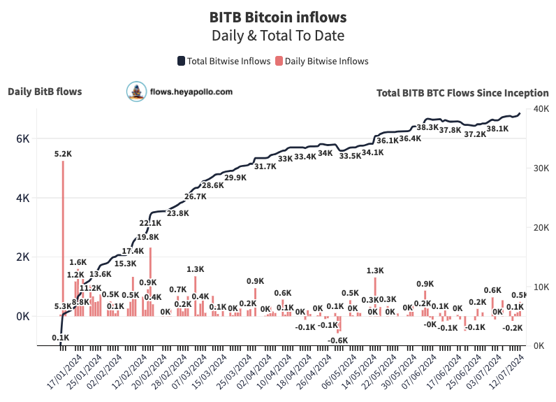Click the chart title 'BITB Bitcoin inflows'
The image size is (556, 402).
pos(278,15)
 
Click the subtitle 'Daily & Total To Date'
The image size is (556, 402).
pos(278,34)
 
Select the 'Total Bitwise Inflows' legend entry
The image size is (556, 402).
pos(224,61)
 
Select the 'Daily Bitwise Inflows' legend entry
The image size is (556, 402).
pos(322,61)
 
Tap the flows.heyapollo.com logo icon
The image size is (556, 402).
pos(136,91)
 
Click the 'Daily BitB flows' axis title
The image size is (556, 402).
pos(45,91)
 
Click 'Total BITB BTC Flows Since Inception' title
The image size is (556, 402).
pos(462,92)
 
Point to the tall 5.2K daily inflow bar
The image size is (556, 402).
pos(63,238)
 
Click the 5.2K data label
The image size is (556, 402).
pos(63,153)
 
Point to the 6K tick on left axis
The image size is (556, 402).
pos(23,138)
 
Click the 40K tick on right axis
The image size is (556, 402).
pos(540,108)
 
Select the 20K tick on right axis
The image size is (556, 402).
pos(540,227)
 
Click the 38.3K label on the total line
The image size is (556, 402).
pos(427,127)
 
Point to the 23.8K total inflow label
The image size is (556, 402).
pos(178,213)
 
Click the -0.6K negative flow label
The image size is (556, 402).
pos(338,340)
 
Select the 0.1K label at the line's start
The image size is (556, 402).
pos(60,338)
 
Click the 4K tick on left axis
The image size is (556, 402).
pos(23,198)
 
